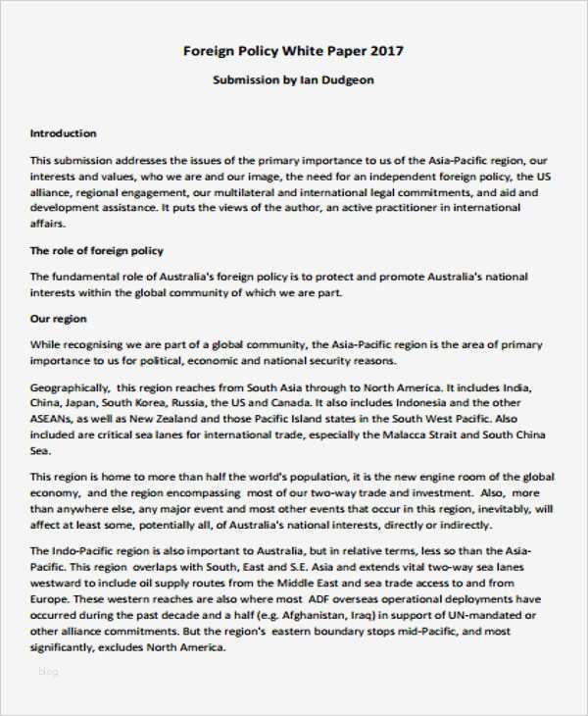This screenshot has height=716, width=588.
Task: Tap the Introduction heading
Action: click(64, 133)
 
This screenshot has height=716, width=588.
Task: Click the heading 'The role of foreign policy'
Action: click(97, 251)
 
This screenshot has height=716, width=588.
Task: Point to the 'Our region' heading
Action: click(59, 319)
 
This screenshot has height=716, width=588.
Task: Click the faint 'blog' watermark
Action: click(48, 672)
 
